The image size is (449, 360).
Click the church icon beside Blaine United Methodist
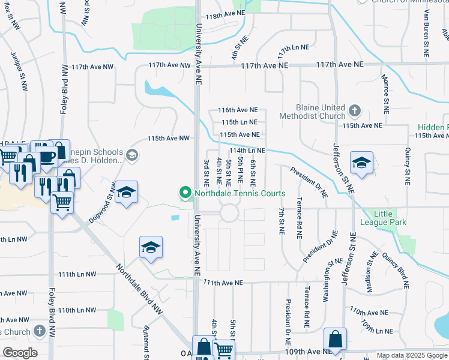[x=355, y=110]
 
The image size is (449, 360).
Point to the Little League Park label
[x=390, y=218]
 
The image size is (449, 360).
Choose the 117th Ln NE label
[x=293, y=47]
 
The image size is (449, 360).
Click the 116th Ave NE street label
[x=238, y=110]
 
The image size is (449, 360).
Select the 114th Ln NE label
[x=247, y=151]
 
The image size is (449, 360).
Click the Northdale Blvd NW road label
[x=139, y=289]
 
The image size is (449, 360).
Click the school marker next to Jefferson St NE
[x=361, y=163]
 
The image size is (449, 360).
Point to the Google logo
[x=20, y=353]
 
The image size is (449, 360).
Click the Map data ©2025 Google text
[x=411, y=356]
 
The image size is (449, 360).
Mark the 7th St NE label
[x=281, y=221]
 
